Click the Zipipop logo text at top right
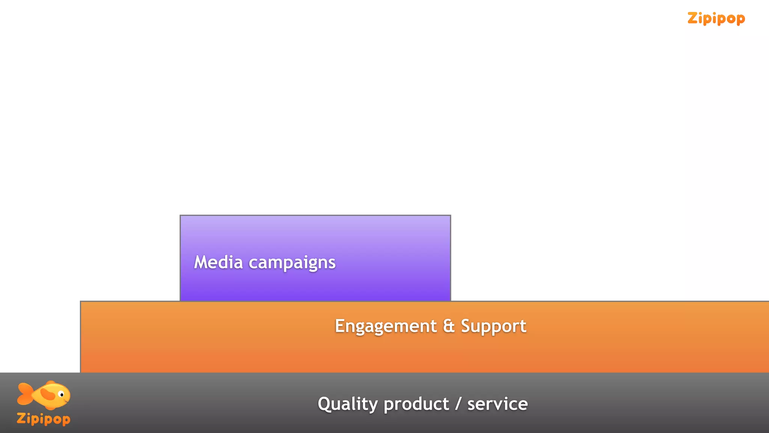pyautogui.click(x=716, y=18)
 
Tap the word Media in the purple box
pyautogui.click(x=218, y=262)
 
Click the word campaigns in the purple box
pyautogui.click(x=292, y=263)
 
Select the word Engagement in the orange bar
pyautogui.click(x=386, y=326)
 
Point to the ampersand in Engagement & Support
pyautogui.click(x=449, y=326)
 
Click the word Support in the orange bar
pyautogui.click(x=493, y=326)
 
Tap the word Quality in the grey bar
pyautogui.click(x=347, y=404)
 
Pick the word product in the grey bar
pyautogui.click(x=416, y=404)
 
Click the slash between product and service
pyautogui.click(x=458, y=404)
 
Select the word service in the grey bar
pyautogui.click(x=498, y=404)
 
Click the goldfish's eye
pyautogui.click(x=62, y=395)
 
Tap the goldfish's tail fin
pyautogui.click(x=24, y=394)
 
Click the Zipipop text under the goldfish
pyautogui.click(x=44, y=419)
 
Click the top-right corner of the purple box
pyautogui.click(x=450, y=216)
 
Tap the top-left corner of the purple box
pyautogui.click(x=181, y=216)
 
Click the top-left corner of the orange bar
pyautogui.click(x=81, y=301)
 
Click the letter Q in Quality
pyautogui.click(x=325, y=404)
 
